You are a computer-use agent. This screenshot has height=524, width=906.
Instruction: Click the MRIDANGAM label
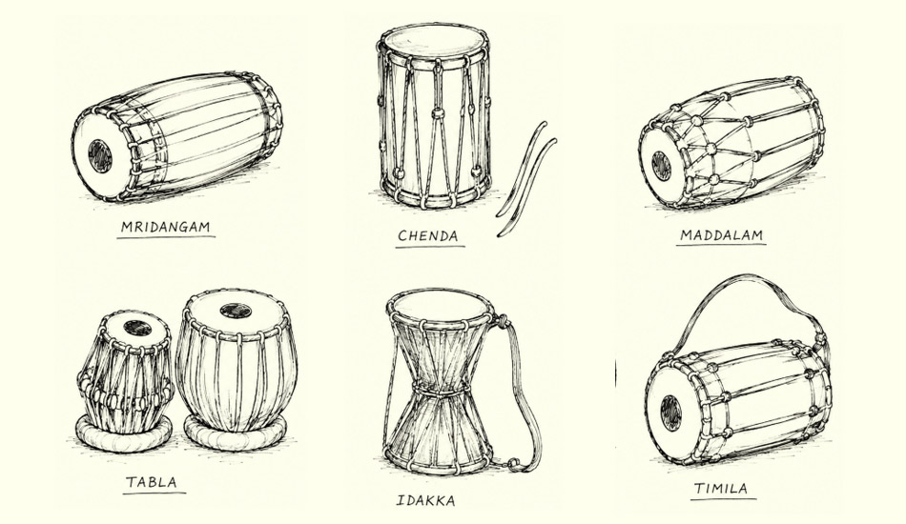[x=165, y=227]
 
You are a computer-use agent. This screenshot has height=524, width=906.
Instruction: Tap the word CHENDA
[x=428, y=235]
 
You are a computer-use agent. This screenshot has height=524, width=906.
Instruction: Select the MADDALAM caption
[x=722, y=235]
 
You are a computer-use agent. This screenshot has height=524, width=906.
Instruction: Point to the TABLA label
[x=152, y=482]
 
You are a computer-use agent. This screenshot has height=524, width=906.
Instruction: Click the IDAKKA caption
[x=426, y=500]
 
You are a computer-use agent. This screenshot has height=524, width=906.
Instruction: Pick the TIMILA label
[x=721, y=489]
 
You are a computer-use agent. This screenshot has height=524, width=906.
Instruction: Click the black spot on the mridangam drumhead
[x=100, y=156]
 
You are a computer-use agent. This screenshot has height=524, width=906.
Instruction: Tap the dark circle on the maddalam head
[x=661, y=166]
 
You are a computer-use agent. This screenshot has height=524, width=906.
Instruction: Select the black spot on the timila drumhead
[x=670, y=413]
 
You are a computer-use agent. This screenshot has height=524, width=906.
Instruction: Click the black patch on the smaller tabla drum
[x=137, y=328]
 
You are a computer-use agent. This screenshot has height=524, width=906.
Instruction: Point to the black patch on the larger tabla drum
[x=236, y=311]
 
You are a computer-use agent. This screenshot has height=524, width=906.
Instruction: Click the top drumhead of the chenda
[x=433, y=41]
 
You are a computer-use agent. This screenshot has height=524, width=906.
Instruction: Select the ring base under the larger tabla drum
[x=236, y=434]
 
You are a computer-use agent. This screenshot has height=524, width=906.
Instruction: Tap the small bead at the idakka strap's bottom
[x=512, y=463]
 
